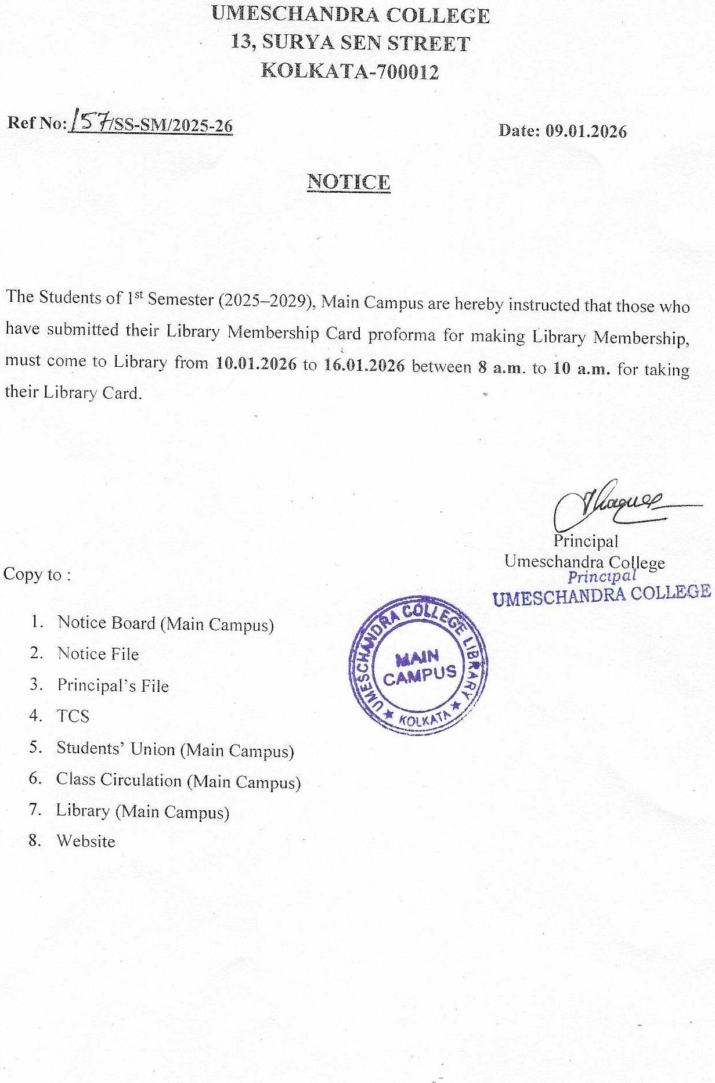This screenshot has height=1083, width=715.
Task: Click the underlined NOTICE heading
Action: coord(349,182)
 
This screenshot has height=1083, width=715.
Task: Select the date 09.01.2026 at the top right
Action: coord(586,131)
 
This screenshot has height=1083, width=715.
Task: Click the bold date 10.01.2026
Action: coord(256,364)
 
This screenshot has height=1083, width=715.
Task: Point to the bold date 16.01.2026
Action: coord(364,366)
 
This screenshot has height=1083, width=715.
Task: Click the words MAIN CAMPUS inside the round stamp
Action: coord(419,667)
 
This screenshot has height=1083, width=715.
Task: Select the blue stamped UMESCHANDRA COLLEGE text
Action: coord(602,595)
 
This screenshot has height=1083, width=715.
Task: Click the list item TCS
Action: coord(73,716)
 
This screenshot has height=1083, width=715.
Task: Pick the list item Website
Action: coord(86,841)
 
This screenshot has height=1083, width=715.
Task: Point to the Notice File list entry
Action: coord(98,654)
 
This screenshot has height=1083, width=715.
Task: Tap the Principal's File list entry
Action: coord(113,685)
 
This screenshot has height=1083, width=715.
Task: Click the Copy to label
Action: coord(37,575)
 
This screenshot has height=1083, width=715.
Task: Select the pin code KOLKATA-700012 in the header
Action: coord(350,71)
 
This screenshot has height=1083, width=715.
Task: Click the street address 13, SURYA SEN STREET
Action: coord(350,43)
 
